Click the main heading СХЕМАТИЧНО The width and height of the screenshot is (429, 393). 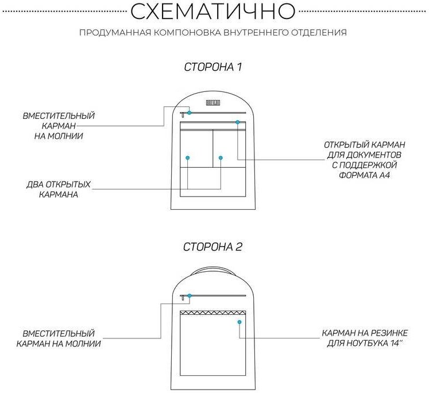click(213, 11)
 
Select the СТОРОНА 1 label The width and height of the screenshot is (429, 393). click(212, 67)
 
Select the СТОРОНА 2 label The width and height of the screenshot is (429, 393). click(212, 247)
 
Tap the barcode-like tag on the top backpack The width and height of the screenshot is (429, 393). click(213, 103)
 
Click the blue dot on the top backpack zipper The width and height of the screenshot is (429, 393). click(190, 113)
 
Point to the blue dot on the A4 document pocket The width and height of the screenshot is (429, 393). click(237, 122)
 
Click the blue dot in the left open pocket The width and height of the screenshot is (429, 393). click(188, 157)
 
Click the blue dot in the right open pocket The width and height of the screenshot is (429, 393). click(221, 157)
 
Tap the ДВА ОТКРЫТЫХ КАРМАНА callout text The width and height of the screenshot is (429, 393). click(59, 190)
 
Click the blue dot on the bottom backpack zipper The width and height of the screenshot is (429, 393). click(190, 296)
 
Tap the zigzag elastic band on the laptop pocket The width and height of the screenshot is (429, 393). click(213, 313)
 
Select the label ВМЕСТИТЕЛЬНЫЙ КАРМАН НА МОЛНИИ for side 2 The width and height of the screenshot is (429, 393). click(59, 338)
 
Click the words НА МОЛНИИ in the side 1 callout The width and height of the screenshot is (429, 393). click(59, 136)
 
